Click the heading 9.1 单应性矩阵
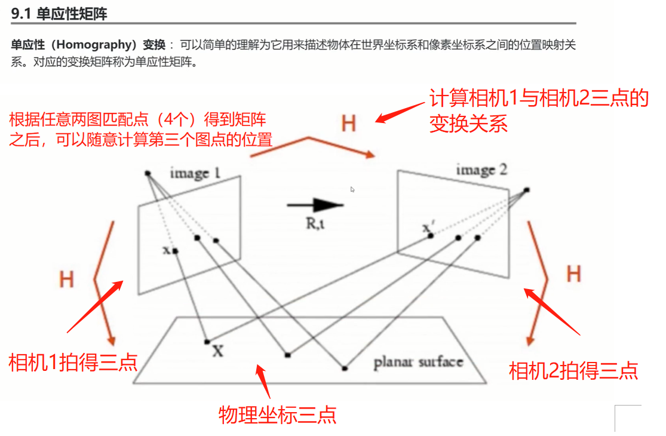(59, 13)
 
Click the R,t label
(314, 225)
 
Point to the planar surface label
(418, 362)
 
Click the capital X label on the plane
(218, 351)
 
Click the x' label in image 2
(426, 228)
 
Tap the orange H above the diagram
(348, 124)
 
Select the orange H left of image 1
(66, 279)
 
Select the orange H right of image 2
(573, 274)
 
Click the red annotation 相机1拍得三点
(73, 362)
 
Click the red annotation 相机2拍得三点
(573, 370)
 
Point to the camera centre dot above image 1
(148, 173)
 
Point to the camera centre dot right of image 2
(526, 190)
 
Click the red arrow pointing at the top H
(401, 112)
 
